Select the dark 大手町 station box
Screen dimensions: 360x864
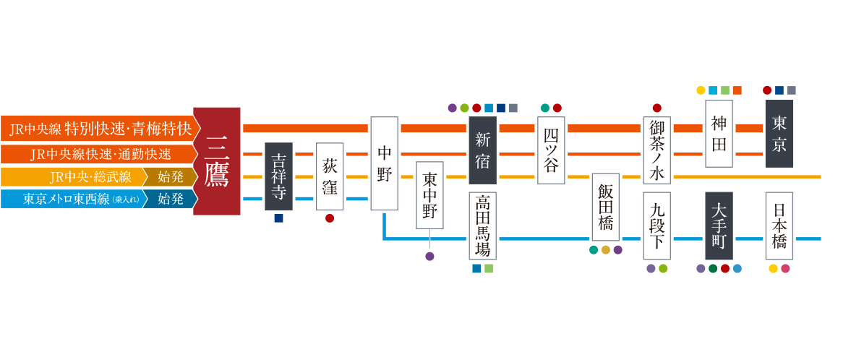click(718, 225)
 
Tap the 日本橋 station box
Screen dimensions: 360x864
click(779, 225)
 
